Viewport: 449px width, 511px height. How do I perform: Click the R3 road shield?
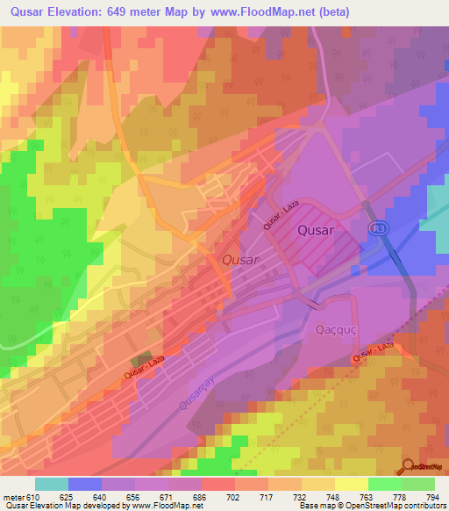click(377, 228)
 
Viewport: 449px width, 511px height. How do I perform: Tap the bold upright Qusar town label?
click(315, 230)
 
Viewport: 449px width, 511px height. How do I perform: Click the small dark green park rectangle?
click(140, 361)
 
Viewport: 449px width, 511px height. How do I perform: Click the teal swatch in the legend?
click(52, 484)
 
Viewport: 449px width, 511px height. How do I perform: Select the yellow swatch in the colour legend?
click(352, 484)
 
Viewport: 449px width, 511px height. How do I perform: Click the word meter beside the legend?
click(11, 497)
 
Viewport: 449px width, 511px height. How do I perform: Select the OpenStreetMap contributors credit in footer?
click(395, 507)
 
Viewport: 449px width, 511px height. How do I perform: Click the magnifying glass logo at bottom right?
click(408, 467)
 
